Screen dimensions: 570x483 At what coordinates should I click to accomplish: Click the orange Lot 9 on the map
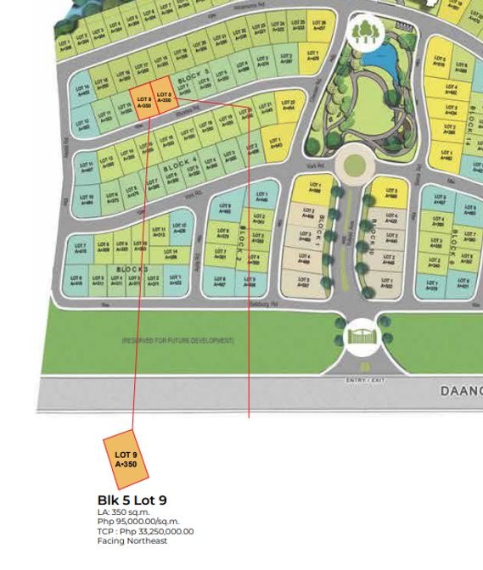point(142,102)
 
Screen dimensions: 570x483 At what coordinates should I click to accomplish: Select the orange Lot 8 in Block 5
point(164,98)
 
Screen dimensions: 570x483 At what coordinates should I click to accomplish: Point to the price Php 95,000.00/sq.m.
point(138,522)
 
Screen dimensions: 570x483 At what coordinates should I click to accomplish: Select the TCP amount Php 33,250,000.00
point(145,532)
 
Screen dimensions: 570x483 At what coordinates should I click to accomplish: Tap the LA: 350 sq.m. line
point(123,512)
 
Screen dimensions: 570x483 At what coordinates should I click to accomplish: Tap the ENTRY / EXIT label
point(365,380)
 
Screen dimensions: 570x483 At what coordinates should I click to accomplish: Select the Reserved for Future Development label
point(177,340)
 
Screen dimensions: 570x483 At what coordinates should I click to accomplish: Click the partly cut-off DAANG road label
point(460,391)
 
